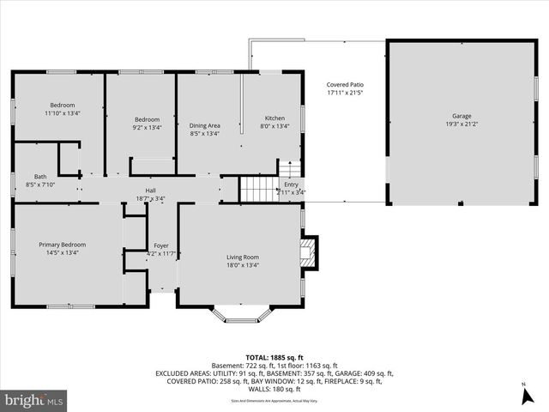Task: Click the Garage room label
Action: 462,116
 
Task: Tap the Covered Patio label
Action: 346,84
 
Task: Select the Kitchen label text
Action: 274,118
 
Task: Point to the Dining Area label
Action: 204,125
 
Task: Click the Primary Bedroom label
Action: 62,245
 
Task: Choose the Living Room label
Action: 243,257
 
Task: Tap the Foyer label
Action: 160,245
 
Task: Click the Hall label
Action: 150,191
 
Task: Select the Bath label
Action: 16,177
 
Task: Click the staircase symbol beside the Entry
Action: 256,188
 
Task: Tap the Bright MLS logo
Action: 34,400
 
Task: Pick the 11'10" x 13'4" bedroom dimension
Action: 62,112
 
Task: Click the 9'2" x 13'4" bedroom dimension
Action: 147,127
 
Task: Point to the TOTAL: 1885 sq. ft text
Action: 274,356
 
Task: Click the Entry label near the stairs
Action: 292,185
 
